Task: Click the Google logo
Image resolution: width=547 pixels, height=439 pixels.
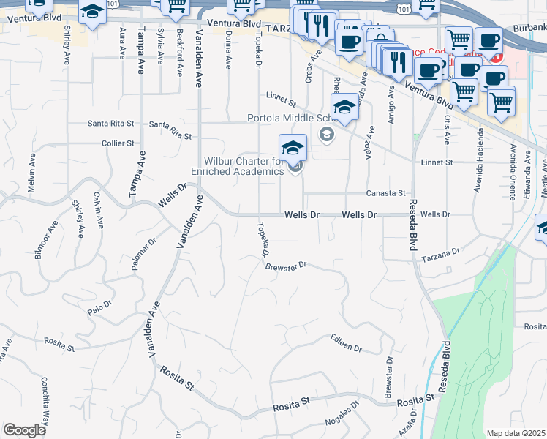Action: [24, 430]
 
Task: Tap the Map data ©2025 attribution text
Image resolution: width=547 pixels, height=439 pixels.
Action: [516, 433]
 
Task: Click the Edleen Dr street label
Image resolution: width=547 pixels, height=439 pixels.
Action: [346, 343]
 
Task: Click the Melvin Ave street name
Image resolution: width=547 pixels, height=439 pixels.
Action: [32, 173]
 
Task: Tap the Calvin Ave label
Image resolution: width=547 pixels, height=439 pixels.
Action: [97, 209]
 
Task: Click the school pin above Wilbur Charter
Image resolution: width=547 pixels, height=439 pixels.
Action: [293, 149]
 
